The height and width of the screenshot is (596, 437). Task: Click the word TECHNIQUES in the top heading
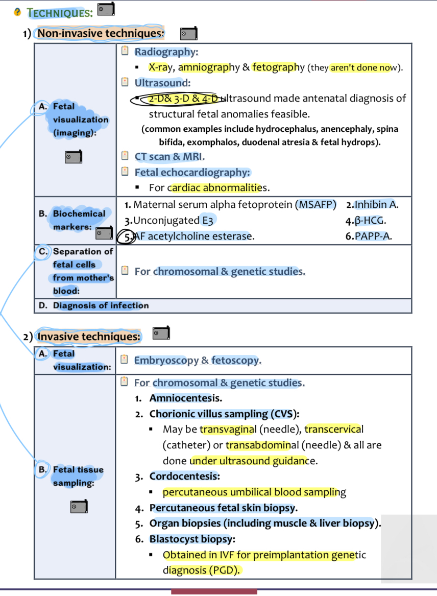59,12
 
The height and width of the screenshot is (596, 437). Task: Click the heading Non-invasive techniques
100,34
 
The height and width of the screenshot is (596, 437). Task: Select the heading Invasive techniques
89,337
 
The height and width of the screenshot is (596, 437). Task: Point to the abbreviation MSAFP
315,205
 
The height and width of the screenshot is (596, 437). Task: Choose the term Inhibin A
375,205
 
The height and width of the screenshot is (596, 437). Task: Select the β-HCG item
370,221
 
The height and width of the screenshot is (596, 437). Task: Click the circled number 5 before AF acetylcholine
127,236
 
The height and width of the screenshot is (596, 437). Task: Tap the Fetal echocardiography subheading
192,173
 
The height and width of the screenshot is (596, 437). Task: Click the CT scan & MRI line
168,157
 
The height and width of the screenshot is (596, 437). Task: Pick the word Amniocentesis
185,398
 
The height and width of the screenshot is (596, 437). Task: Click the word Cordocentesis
184,476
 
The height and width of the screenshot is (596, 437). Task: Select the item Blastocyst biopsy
191,539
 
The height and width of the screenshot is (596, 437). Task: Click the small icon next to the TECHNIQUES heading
106,9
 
